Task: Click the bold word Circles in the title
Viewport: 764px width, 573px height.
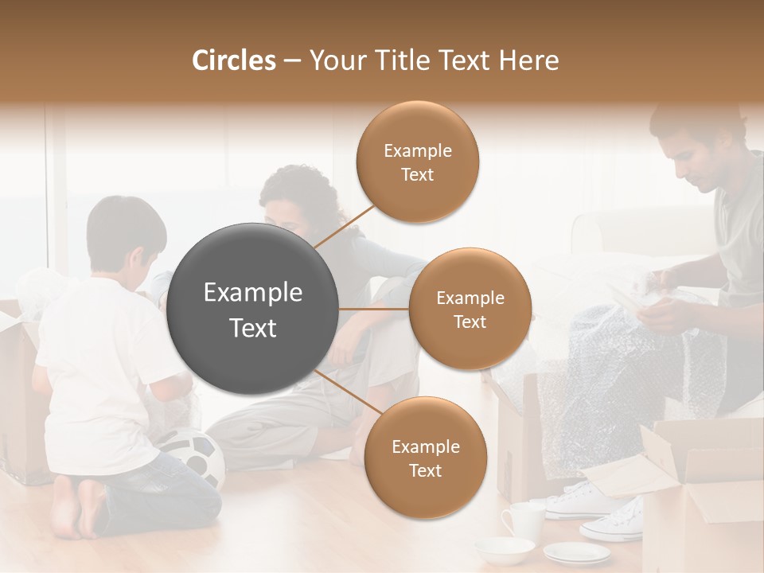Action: click(234, 60)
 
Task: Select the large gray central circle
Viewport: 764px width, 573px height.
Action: click(253, 310)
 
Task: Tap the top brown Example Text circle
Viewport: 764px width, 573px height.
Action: click(418, 162)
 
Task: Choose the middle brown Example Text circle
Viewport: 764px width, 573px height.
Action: click(470, 309)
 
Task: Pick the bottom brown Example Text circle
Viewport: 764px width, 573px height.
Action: click(425, 458)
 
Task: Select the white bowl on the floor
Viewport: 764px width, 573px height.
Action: click(504, 548)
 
